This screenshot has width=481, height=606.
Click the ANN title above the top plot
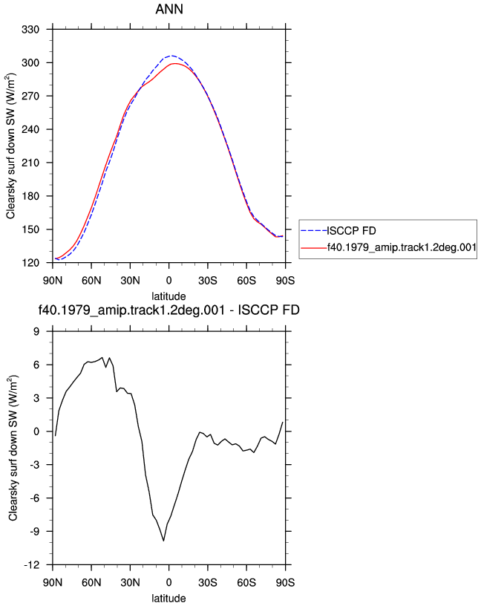pos(169,9)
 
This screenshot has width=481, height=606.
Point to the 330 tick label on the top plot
pos(30,30)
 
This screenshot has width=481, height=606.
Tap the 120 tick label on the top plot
pos(30,263)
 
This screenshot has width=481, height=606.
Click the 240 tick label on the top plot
pos(30,129)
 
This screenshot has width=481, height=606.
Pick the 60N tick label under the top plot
pos(91,281)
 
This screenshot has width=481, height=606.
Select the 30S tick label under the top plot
pos(208,281)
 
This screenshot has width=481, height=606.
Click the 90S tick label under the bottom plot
pos(285,582)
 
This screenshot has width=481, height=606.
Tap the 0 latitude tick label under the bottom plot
pos(168,582)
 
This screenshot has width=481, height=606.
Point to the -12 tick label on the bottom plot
pos(32,565)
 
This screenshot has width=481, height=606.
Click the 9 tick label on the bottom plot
pos(36,332)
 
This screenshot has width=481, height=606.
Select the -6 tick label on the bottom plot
pos(34,498)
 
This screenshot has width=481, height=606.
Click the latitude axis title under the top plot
pos(168,296)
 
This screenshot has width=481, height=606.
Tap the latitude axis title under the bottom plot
pos(168,599)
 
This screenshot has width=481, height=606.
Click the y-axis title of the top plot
pos(10,146)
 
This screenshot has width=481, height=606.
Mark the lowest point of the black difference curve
pos(164,541)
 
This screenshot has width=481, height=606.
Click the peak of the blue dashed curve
pos(172,56)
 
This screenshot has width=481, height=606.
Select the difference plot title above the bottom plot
pos(168,310)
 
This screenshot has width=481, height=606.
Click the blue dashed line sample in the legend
pos(314,231)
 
